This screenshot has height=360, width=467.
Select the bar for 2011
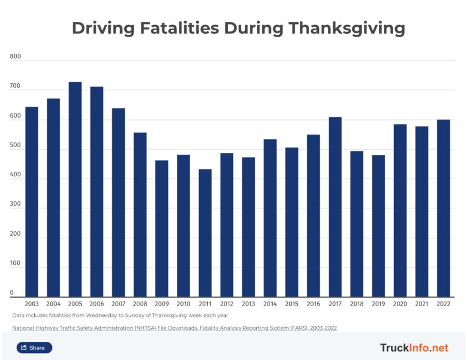(205, 233)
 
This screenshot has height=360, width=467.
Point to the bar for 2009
(162, 229)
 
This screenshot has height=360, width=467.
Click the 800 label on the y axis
(15, 57)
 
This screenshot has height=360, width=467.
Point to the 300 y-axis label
(15, 205)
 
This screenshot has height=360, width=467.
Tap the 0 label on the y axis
(12, 293)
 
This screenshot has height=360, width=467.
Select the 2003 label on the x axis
(31, 304)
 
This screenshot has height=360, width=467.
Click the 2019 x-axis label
(378, 304)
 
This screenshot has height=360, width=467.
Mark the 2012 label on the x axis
(227, 304)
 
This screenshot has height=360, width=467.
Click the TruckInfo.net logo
(414, 348)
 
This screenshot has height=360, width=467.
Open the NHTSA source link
(174, 328)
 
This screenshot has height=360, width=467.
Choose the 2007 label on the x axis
(118, 304)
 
